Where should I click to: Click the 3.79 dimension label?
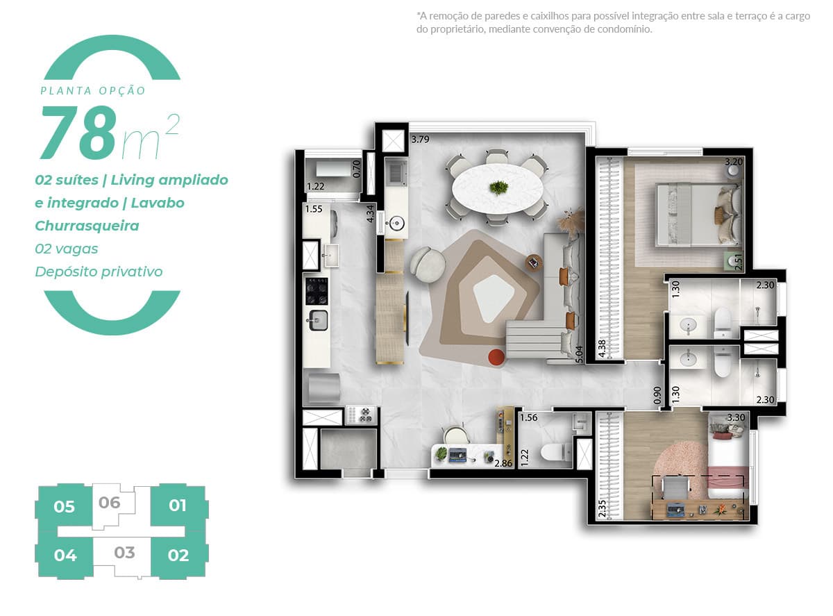420,140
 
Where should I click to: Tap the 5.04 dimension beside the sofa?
579,354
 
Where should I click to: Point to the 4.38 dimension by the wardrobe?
602,349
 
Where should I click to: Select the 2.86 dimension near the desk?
503,463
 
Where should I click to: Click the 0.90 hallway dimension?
657,395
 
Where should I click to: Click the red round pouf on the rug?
496,357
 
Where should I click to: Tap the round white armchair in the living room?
428,264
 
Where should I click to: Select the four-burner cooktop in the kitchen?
317,291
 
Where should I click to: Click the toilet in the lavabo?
555,452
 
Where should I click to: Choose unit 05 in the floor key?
64,507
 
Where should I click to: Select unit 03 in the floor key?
124,553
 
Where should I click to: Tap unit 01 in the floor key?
178,505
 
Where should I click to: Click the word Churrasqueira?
87,226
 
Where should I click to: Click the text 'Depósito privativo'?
99,272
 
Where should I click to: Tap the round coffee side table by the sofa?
534,262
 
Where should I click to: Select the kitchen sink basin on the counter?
318,321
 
